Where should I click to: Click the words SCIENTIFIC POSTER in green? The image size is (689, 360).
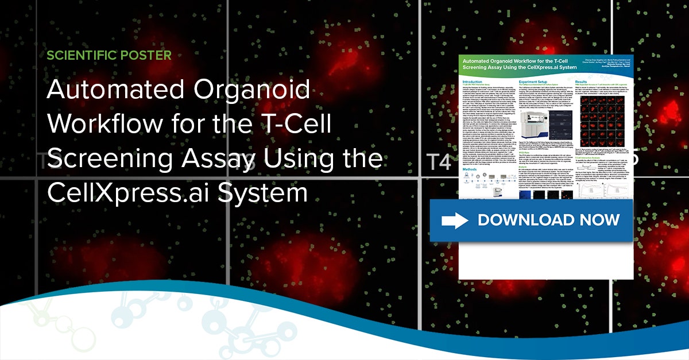point(109,56)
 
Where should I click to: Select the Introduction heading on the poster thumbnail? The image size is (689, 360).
point(477,82)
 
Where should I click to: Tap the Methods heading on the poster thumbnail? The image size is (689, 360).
point(473,170)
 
